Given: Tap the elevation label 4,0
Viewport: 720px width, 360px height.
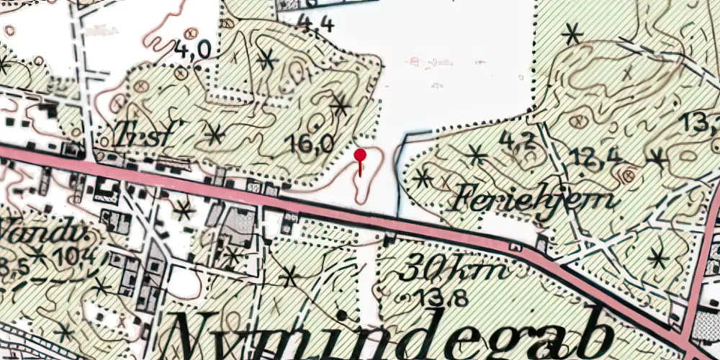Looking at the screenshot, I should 192,50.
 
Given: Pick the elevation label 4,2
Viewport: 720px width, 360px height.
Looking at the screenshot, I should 518,141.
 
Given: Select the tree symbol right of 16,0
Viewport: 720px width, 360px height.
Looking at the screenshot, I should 341,106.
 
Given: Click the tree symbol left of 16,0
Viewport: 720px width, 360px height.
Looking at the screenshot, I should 215,134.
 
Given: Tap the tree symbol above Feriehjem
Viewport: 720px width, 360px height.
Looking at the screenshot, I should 474,154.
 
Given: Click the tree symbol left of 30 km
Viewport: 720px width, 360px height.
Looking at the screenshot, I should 289,276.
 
